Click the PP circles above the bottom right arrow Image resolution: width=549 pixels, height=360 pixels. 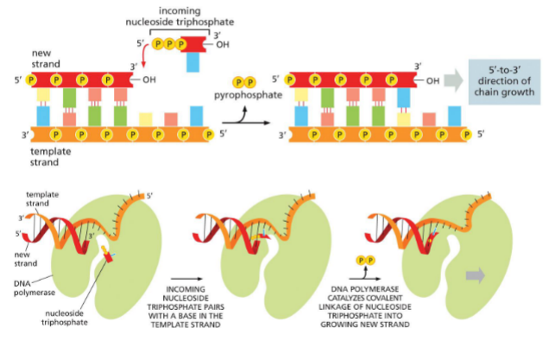click(x=365, y=259)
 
